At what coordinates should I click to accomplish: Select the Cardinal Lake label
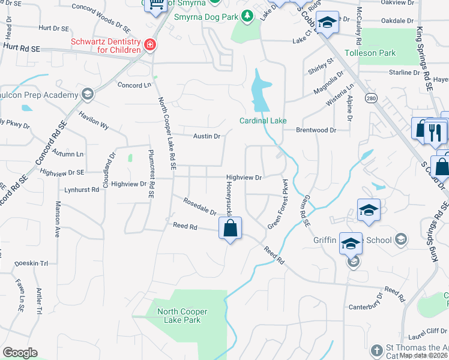click(263, 121)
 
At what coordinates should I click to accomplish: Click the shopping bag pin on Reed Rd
click(230, 228)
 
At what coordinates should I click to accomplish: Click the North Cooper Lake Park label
click(182, 316)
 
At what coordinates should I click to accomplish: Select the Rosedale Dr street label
click(199, 207)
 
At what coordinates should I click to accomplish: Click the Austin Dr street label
click(206, 136)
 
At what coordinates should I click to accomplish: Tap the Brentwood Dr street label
click(316, 130)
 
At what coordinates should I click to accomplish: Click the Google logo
click(20, 353)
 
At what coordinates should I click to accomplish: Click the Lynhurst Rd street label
click(82, 190)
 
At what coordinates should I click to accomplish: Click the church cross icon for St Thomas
click(376, 350)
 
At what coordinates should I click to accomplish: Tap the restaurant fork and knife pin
click(435, 131)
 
